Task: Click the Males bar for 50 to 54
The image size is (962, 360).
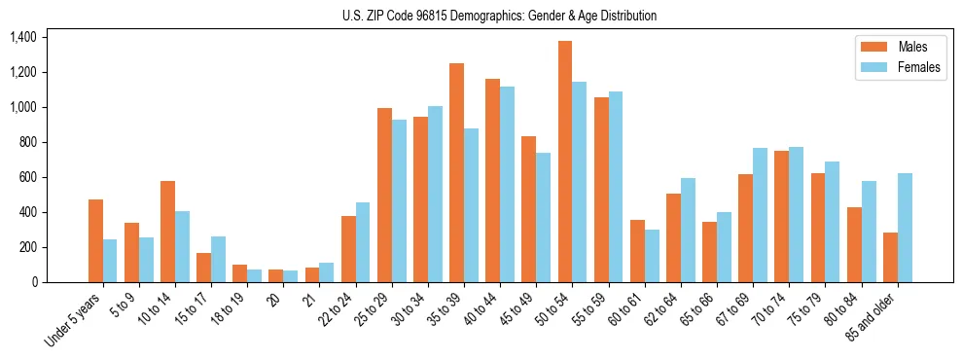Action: point(564,162)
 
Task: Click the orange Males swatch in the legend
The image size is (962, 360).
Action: point(873,47)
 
